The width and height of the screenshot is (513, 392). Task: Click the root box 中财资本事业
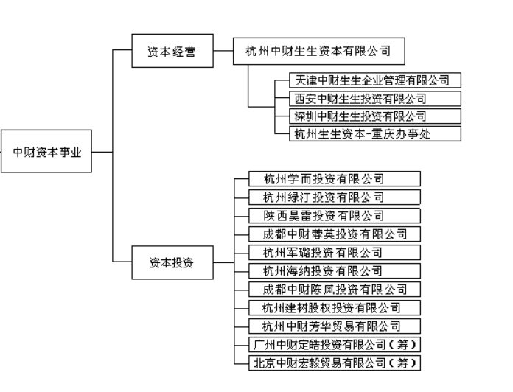pos(47,153)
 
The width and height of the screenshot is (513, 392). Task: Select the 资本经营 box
pos(171,52)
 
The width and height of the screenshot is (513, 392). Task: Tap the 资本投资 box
pos(171,262)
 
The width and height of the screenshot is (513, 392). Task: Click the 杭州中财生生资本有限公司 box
pos(318,52)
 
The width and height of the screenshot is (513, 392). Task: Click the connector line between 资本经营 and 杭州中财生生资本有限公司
pos(223,52)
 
